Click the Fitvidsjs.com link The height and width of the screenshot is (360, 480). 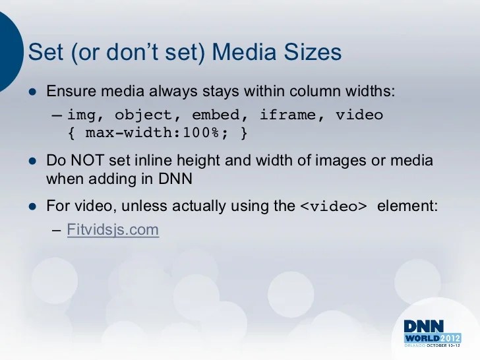[x=113, y=231]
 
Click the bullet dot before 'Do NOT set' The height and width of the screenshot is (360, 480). [x=30, y=160]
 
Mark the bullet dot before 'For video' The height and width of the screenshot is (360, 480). [x=30, y=205]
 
